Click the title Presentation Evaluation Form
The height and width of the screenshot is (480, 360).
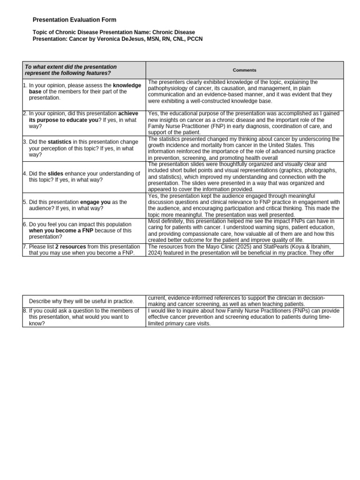click(x=74, y=20)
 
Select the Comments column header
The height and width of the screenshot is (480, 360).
click(x=244, y=70)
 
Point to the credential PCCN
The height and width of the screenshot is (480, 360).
click(x=195, y=39)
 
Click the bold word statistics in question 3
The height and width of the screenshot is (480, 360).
click(x=60, y=142)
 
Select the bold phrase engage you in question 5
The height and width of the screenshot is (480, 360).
click(x=96, y=202)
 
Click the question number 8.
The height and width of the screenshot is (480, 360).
click(x=25, y=311)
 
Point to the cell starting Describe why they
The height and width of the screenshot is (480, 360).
click(x=81, y=301)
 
